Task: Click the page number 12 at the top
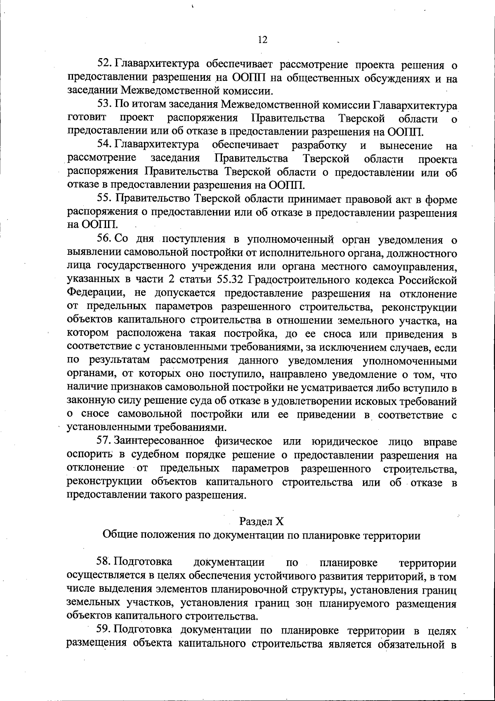click(263, 40)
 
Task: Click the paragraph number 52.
click(104, 64)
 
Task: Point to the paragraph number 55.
click(104, 200)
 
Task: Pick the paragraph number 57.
click(104, 442)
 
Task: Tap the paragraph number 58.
click(104, 562)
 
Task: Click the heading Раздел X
click(262, 522)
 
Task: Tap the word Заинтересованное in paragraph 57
click(159, 442)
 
